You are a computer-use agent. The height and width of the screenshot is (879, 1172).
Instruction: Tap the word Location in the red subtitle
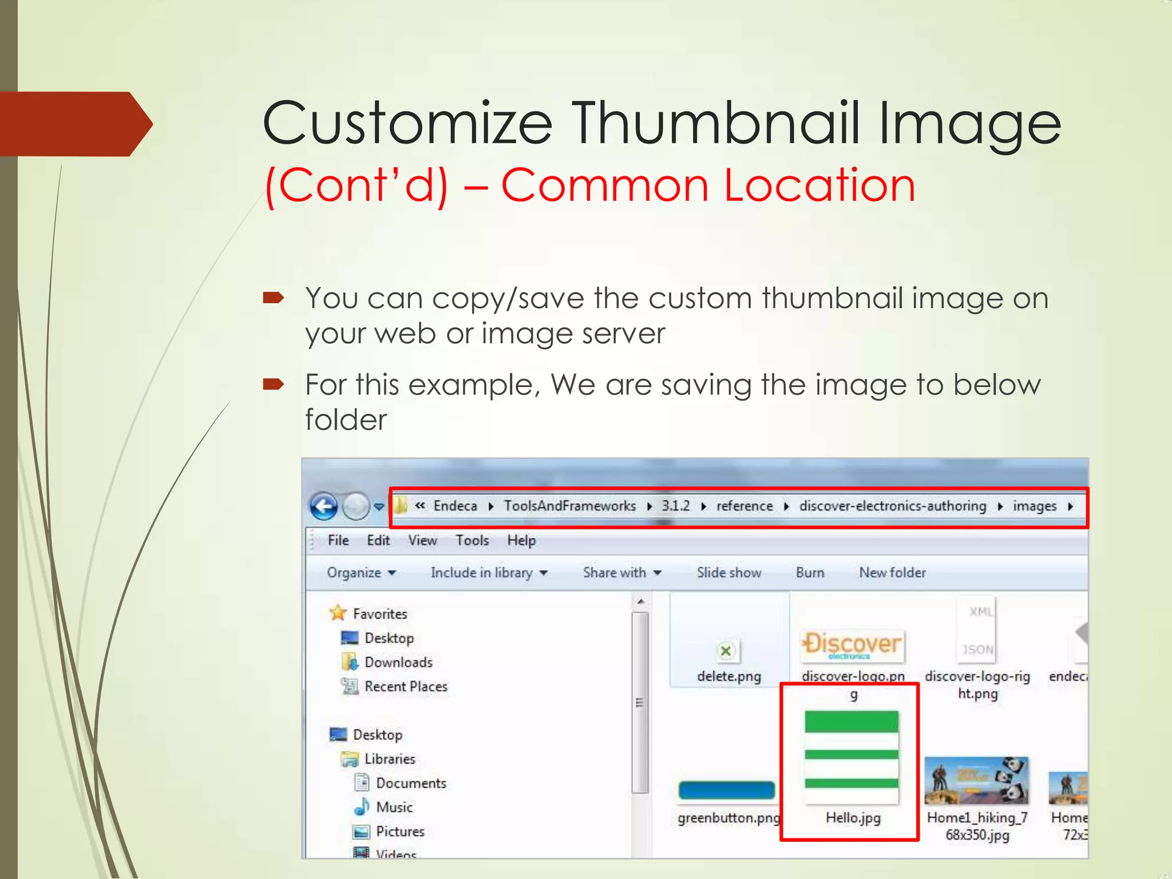coord(819,185)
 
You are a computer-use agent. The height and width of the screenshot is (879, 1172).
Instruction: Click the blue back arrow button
coord(324,506)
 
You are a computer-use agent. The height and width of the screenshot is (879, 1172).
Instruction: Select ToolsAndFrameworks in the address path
coord(569,506)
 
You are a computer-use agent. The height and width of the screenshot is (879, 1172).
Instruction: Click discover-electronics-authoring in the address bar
coord(892,506)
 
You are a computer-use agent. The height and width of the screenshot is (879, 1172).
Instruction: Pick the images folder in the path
coord(1034,506)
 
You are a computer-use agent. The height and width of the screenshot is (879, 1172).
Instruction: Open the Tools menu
coord(472,541)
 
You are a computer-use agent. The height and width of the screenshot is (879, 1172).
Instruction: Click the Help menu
coord(521,541)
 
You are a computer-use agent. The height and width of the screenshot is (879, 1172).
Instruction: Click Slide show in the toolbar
coord(728,573)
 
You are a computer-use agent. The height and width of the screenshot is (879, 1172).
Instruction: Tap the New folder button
coord(892,573)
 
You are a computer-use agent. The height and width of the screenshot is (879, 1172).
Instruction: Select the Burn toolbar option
coord(810,573)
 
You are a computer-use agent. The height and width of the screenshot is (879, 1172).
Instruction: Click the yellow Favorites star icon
coord(338,613)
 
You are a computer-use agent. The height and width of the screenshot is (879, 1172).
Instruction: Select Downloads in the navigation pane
coord(398,663)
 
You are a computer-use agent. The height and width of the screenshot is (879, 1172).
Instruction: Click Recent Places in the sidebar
coord(406,687)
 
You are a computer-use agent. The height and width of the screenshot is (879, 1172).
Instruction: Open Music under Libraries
coord(394,807)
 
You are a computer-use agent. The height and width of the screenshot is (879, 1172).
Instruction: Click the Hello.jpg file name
coord(853,818)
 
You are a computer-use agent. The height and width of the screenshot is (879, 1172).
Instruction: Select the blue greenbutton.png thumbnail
coord(726,790)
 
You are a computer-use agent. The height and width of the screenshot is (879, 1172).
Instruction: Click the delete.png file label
coord(728,676)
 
